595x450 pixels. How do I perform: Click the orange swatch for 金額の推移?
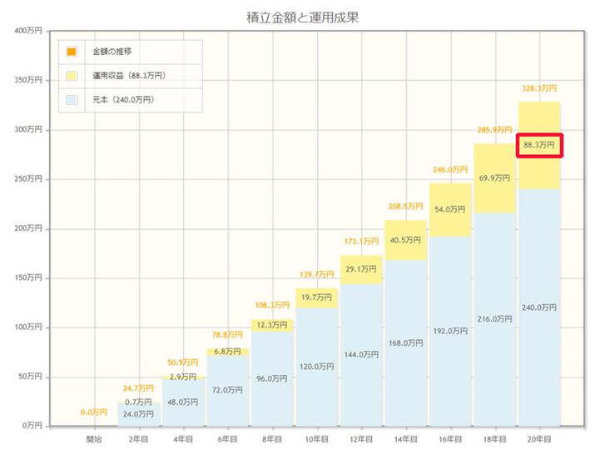(72, 52)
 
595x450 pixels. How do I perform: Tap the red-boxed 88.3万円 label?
(539, 145)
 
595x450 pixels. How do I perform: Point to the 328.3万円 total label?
(539, 87)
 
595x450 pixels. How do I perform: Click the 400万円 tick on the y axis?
(29, 32)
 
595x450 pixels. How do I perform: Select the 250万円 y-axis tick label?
(29, 179)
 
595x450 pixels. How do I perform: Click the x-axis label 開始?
(93, 437)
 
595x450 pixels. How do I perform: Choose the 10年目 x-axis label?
(317, 437)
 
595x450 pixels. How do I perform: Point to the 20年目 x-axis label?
(539, 437)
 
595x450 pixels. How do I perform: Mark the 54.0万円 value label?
(450, 209)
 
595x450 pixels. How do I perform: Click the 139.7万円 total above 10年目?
(317, 273)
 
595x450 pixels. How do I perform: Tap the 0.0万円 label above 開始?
(93, 412)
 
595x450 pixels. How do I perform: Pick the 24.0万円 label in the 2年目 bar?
(137, 413)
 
